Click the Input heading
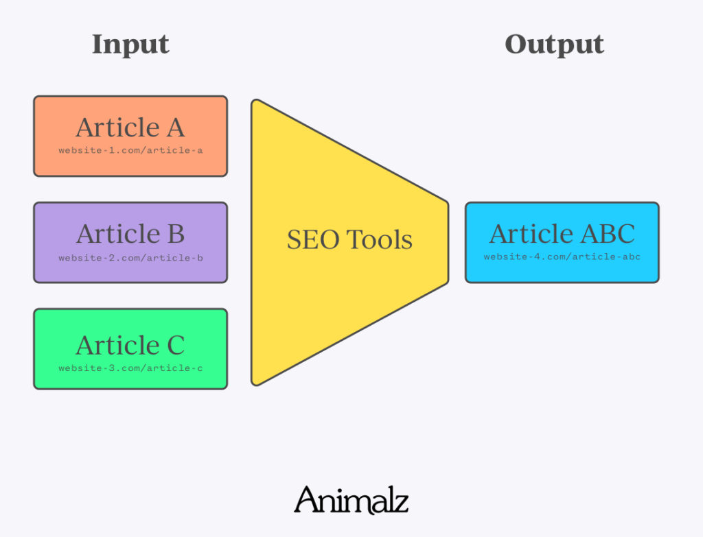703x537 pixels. click(x=130, y=45)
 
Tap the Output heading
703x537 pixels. click(x=554, y=45)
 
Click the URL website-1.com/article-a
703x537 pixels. click(x=130, y=150)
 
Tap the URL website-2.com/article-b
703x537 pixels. click(x=130, y=259)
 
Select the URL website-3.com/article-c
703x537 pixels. click(x=130, y=368)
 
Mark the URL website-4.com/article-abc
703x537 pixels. click(x=562, y=257)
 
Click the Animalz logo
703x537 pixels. click(x=351, y=500)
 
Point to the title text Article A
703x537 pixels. click(x=130, y=128)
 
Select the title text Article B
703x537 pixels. click(x=130, y=234)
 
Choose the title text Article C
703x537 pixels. click(x=130, y=345)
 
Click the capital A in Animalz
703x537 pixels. click(x=306, y=500)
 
